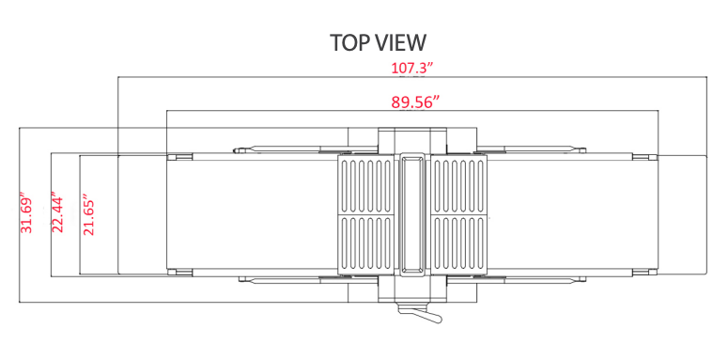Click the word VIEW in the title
(x=400, y=42)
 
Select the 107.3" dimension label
(x=412, y=68)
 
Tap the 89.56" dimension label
(x=415, y=102)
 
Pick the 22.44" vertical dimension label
(x=57, y=215)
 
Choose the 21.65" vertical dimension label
(x=88, y=217)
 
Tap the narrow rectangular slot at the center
(x=411, y=213)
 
